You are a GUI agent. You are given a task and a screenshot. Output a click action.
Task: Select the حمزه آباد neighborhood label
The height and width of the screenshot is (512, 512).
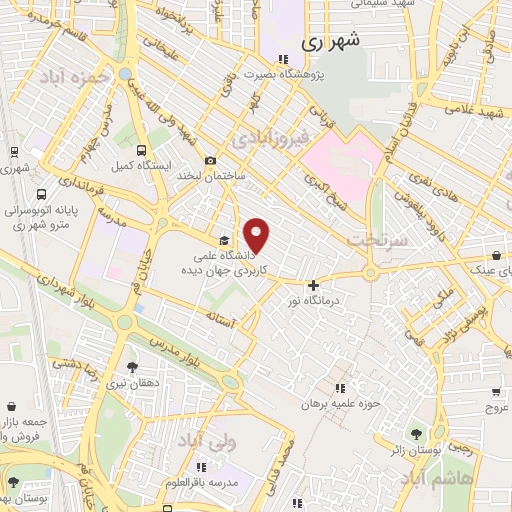(x=72, y=77)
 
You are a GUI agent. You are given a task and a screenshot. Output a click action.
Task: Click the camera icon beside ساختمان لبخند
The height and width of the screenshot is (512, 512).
(x=210, y=161)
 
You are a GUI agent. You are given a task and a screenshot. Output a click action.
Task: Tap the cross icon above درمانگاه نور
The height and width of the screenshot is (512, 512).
(x=313, y=286)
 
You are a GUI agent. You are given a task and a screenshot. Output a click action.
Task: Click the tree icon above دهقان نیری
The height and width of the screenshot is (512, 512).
(x=133, y=367)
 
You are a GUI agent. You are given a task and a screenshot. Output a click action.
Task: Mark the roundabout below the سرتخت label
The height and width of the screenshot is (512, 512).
(x=370, y=271)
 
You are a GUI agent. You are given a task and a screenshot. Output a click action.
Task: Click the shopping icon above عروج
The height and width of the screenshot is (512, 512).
(x=497, y=392)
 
